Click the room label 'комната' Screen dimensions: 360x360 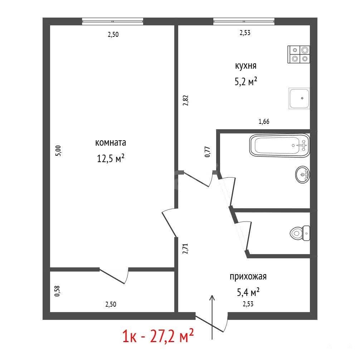[x=111, y=142]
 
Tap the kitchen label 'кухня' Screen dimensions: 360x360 [x=245, y=66]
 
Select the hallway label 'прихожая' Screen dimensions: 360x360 [x=248, y=276]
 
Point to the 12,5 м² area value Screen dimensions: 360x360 [x=111, y=158]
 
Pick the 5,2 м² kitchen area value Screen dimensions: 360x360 [x=245, y=81]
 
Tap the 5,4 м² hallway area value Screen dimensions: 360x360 [x=248, y=292]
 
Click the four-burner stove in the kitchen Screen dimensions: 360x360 [x=298, y=54]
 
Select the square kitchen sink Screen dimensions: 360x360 [x=299, y=98]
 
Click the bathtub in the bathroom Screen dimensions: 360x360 [x=279, y=145]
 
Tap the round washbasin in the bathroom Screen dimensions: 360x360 [x=302, y=175]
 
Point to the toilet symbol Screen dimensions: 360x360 [x=300, y=233]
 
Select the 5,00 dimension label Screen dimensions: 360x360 [x=59, y=151]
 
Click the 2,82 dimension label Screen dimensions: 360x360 [x=185, y=100]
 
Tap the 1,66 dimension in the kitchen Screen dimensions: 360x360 [x=264, y=121]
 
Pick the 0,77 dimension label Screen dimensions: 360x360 [x=207, y=152]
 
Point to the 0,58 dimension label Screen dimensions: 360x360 [x=57, y=291]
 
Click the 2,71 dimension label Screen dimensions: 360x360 [x=185, y=249]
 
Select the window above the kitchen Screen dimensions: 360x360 [x=244, y=21]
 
